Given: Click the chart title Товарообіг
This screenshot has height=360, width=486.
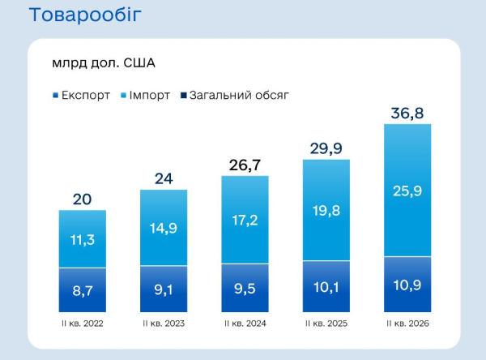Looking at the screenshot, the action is tap(85, 15).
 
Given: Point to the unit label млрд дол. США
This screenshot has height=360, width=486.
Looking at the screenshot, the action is tap(104, 63).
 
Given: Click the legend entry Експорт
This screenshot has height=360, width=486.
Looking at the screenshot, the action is tap(82, 95).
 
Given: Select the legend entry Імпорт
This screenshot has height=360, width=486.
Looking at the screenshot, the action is tap(145, 95).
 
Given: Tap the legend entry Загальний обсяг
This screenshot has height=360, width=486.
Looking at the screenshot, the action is tap(235, 95).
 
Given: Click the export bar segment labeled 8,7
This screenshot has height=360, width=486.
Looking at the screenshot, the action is tap(83, 289).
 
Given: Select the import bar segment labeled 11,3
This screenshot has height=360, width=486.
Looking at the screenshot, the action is tap(83, 238).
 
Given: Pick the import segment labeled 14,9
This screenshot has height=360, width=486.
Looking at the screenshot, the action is tap(164, 228).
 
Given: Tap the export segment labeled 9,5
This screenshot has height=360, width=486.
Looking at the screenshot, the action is tap(245, 288).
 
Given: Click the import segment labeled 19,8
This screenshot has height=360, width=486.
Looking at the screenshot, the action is tap(326, 210).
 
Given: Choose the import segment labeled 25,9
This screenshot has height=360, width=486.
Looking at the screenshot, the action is tap(407, 191).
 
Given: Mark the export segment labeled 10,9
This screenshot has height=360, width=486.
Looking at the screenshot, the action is tap(407, 285).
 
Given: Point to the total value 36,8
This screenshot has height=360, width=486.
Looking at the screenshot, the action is tap(407, 114).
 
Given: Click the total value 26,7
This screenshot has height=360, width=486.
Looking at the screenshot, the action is tap(245, 165).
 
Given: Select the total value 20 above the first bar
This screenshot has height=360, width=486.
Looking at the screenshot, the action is tap(82, 199).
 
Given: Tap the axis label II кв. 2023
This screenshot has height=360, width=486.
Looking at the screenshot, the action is tap(164, 324).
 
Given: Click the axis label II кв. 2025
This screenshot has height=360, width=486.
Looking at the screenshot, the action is tap(326, 324).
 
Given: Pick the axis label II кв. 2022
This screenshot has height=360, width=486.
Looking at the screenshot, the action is tap(83, 324).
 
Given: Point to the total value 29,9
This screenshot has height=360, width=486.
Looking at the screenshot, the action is tap(326, 148).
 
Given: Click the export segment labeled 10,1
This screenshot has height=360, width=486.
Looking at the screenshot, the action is tap(326, 286).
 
